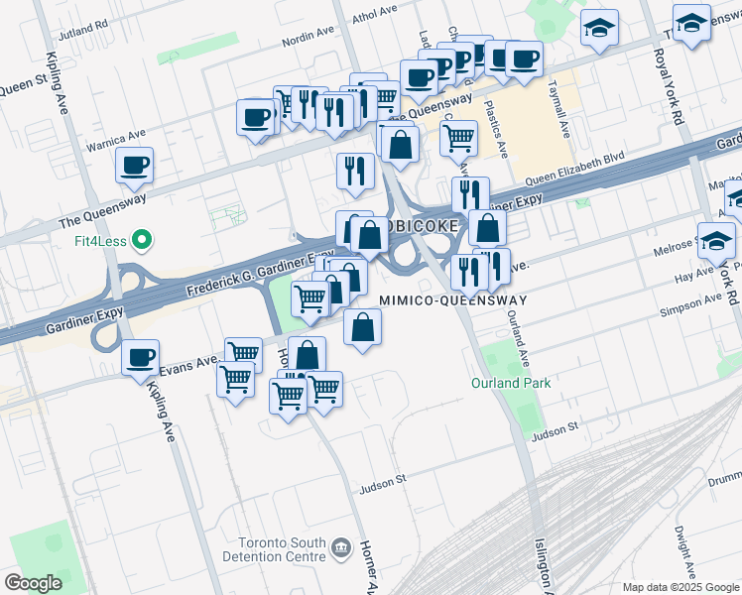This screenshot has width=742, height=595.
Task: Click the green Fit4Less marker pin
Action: [142, 239]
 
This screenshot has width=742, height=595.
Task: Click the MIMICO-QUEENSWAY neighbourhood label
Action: [450, 299]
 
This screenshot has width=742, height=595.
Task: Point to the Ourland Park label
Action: [510, 383]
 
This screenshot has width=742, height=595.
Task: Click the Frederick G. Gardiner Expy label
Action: [261, 276]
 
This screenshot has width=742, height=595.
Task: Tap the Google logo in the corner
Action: [33, 583]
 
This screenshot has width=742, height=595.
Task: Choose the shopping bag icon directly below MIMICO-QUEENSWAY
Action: [363, 328]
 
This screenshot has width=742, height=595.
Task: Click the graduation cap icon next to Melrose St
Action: [716, 241]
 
